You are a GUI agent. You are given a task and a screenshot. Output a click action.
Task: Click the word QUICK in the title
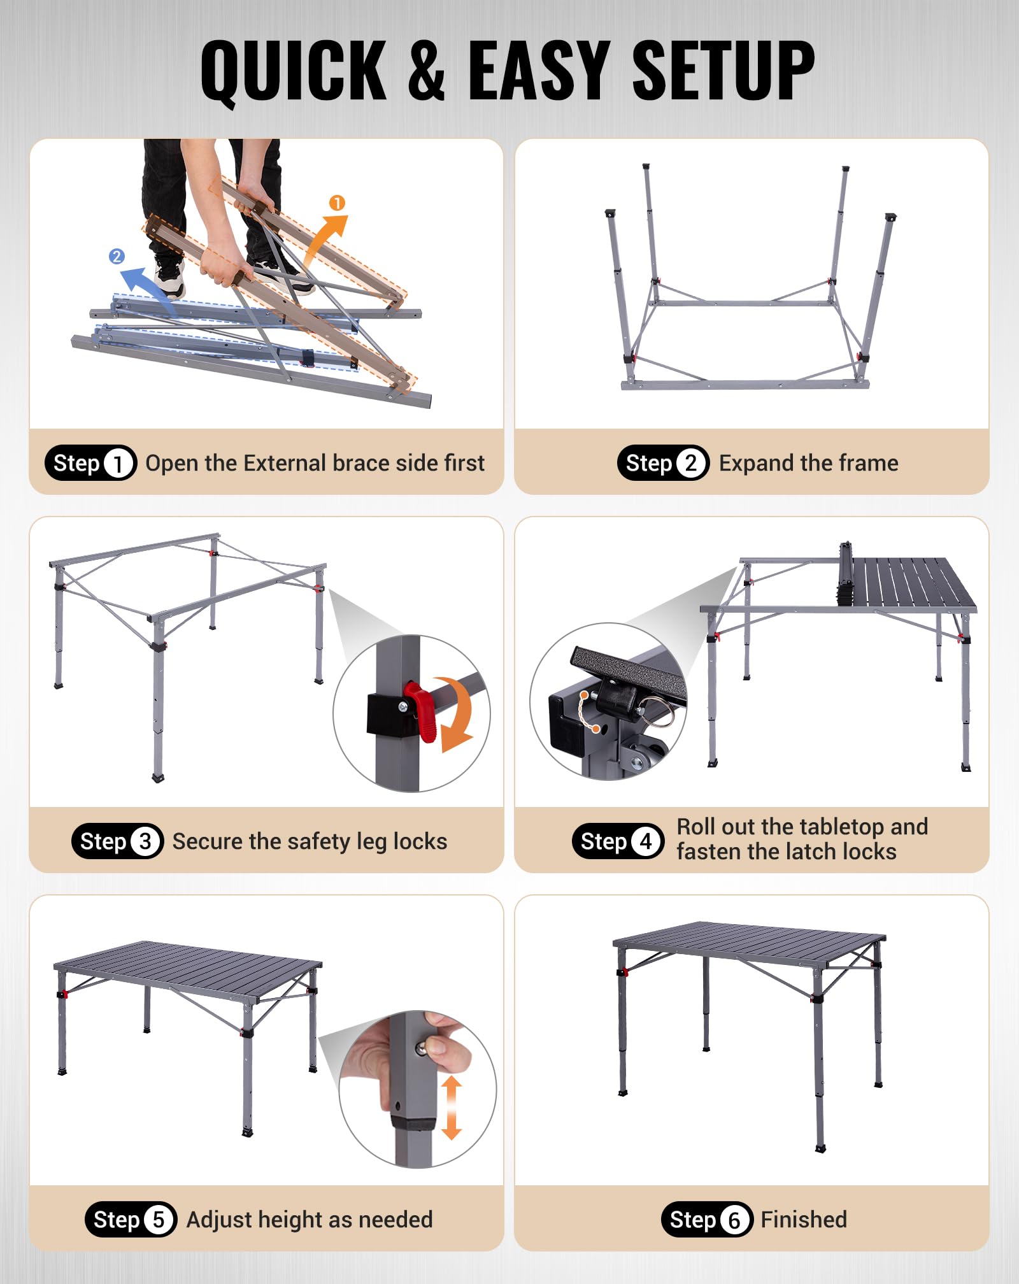click(293, 71)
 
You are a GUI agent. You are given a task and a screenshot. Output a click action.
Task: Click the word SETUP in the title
click(723, 70)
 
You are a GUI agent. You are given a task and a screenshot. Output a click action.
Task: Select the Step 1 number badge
click(118, 463)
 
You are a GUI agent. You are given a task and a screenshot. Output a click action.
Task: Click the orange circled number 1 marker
click(337, 203)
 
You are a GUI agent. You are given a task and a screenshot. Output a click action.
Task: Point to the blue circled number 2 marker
click(117, 256)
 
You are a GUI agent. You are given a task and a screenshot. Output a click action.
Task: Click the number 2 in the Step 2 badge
click(691, 463)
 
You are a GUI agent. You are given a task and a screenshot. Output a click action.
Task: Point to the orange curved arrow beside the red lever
click(457, 713)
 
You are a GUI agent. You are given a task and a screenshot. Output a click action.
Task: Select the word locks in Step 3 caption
click(420, 841)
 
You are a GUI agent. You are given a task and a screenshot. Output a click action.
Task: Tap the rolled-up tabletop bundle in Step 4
click(846, 573)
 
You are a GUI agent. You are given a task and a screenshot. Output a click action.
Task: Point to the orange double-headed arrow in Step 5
click(451, 1107)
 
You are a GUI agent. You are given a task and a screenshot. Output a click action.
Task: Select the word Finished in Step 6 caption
click(804, 1220)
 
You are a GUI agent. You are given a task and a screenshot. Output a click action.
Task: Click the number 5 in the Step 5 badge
click(159, 1220)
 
